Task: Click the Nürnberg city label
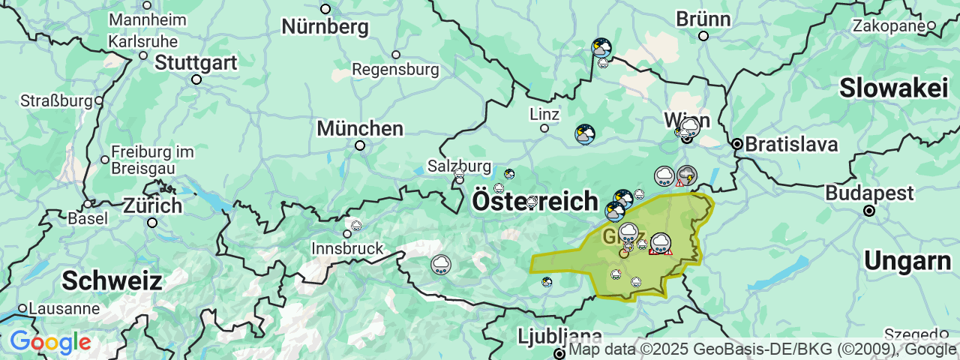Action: coord(325,27)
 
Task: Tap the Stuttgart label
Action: coord(196,62)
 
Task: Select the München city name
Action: coord(360,128)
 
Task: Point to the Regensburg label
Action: coord(395,70)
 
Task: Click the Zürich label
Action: coord(152,205)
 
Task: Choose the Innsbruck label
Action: coord(347,248)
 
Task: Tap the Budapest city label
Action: coord(869,193)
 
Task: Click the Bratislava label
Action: coord(791,144)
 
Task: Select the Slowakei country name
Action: coord(893,88)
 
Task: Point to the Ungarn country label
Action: coord(907,261)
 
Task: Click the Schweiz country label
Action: coord(112,281)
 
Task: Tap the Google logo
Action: coord(50,343)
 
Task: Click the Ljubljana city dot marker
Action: coord(559,353)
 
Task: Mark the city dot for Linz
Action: coord(544,128)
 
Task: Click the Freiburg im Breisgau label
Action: coord(152,160)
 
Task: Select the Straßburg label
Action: coord(56,100)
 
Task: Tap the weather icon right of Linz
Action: coord(584,134)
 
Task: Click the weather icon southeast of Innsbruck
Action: coord(441,264)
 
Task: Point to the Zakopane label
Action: coord(889,26)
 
